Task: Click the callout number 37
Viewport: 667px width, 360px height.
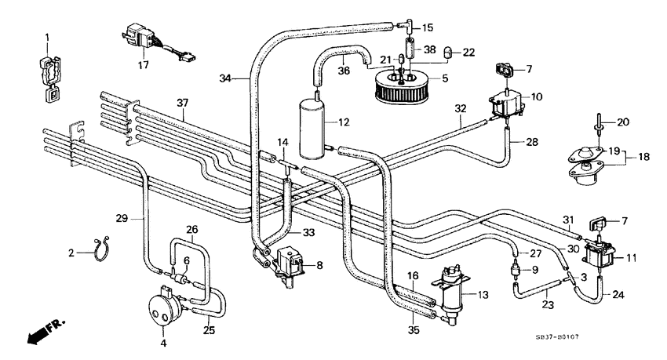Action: click(182, 104)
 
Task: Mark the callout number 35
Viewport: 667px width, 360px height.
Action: click(414, 330)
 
